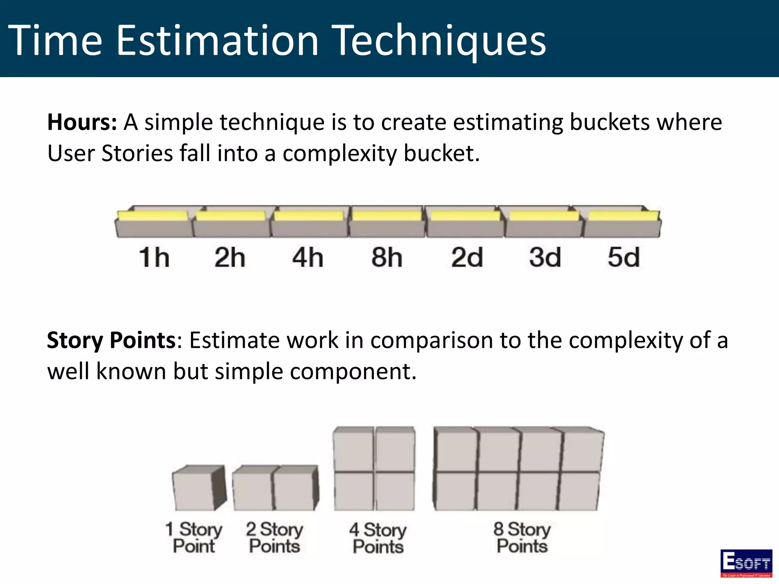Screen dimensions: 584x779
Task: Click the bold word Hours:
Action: coord(82,122)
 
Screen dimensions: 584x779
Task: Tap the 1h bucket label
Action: coord(154,257)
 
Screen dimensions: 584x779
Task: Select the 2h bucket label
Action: coord(230,257)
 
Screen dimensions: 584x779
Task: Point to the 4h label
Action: coord(308,257)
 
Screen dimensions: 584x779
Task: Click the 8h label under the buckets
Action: coord(387,257)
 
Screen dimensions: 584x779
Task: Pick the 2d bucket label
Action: coord(467,257)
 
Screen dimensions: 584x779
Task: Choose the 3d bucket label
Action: coord(545,257)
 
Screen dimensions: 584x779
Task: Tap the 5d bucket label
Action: coord(624,257)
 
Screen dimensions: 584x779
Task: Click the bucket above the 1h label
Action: coord(154,224)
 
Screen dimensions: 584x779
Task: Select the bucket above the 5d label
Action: coord(623,224)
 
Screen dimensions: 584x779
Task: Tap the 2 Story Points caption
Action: coord(275,538)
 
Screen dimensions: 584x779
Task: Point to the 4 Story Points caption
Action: coord(378,538)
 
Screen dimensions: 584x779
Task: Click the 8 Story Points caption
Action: coord(522,538)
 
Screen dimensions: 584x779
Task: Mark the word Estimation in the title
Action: coord(217,41)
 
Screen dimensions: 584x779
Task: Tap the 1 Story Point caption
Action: coord(194,538)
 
